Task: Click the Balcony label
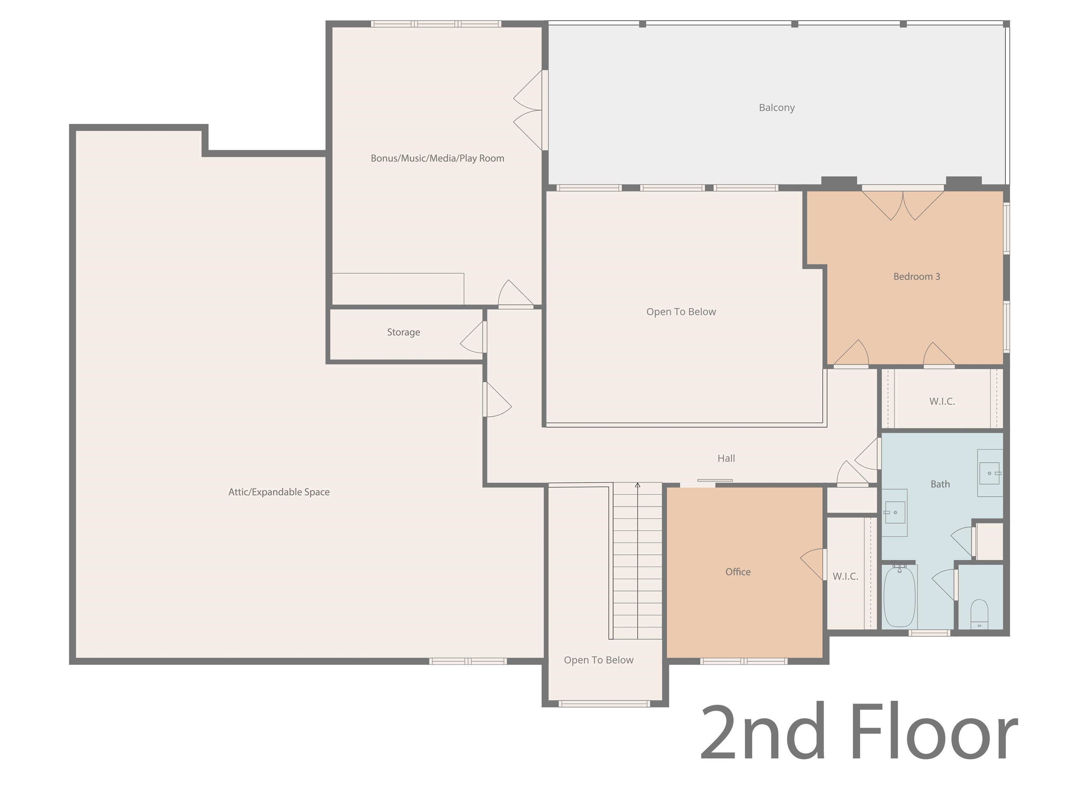pos(777,108)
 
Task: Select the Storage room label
pos(404,332)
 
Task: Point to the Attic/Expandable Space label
pos(279,492)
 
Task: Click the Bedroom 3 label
pos(917,276)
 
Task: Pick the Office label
pos(738,571)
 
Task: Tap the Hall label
pos(726,458)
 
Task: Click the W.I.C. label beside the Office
pos(845,576)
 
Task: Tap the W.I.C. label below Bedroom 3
pos(942,401)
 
